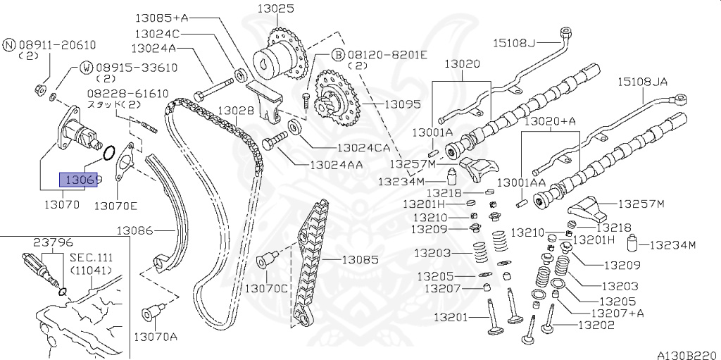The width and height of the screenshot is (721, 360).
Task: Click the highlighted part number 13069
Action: [80, 180]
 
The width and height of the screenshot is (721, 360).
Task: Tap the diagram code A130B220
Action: [689, 353]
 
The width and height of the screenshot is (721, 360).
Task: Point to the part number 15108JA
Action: [642, 82]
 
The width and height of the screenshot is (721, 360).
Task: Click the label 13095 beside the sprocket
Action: [402, 104]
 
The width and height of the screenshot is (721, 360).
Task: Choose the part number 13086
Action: [135, 230]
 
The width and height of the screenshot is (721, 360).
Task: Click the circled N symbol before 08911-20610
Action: [9, 44]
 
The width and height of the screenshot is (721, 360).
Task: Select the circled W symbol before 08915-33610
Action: [85, 67]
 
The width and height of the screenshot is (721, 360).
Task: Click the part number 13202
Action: [596, 325]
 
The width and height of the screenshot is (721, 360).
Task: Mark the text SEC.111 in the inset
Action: [88, 259]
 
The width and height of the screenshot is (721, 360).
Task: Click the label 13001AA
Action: [522, 182]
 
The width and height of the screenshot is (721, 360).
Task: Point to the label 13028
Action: [235, 111]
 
